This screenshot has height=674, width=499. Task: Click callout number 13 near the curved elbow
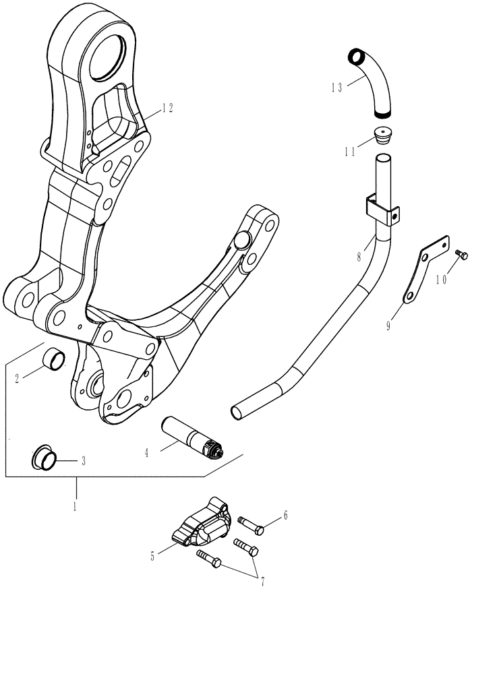pyautogui.click(x=337, y=87)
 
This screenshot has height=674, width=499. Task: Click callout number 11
pyautogui.click(x=349, y=152)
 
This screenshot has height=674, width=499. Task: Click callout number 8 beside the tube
pyautogui.click(x=361, y=257)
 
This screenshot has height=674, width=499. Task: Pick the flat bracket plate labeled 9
pyautogui.click(x=424, y=270)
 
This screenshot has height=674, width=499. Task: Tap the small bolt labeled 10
pyautogui.click(x=461, y=255)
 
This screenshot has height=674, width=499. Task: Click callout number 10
pyautogui.click(x=441, y=278)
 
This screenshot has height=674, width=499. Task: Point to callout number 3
pyautogui.click(x=83, y=462)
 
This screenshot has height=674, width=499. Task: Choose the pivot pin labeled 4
pyautogui.click(x=193, y=437)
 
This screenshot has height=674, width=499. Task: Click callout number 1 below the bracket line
pyautogui.click(x=76, y=503)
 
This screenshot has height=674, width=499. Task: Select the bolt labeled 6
pyautogui.click(x=250, y=525)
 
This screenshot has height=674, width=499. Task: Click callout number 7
pyautogui.click(x=262, y=582)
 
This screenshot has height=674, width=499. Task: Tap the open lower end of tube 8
pyautogui.click(x=239, y=410)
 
